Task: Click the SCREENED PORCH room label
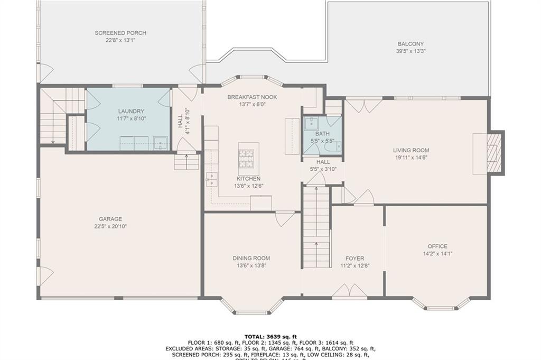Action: tap(120, 33)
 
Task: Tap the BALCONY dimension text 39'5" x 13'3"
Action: tap(411, 51)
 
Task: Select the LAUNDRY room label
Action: tap(131, 111)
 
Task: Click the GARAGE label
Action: tap(110, 219)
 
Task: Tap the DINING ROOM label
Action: tap(251, 258)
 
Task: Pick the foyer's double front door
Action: tap(350, 291)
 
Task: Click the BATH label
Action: tap(322, 134)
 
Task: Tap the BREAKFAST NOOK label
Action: tap(252, 97)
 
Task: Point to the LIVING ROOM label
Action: tap(411, 150)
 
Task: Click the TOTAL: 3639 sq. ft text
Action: tap(270, 336)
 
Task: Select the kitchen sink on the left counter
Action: tap(211, 179)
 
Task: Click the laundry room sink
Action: tap(160, 143)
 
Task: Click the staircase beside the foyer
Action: tap(316, 227)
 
